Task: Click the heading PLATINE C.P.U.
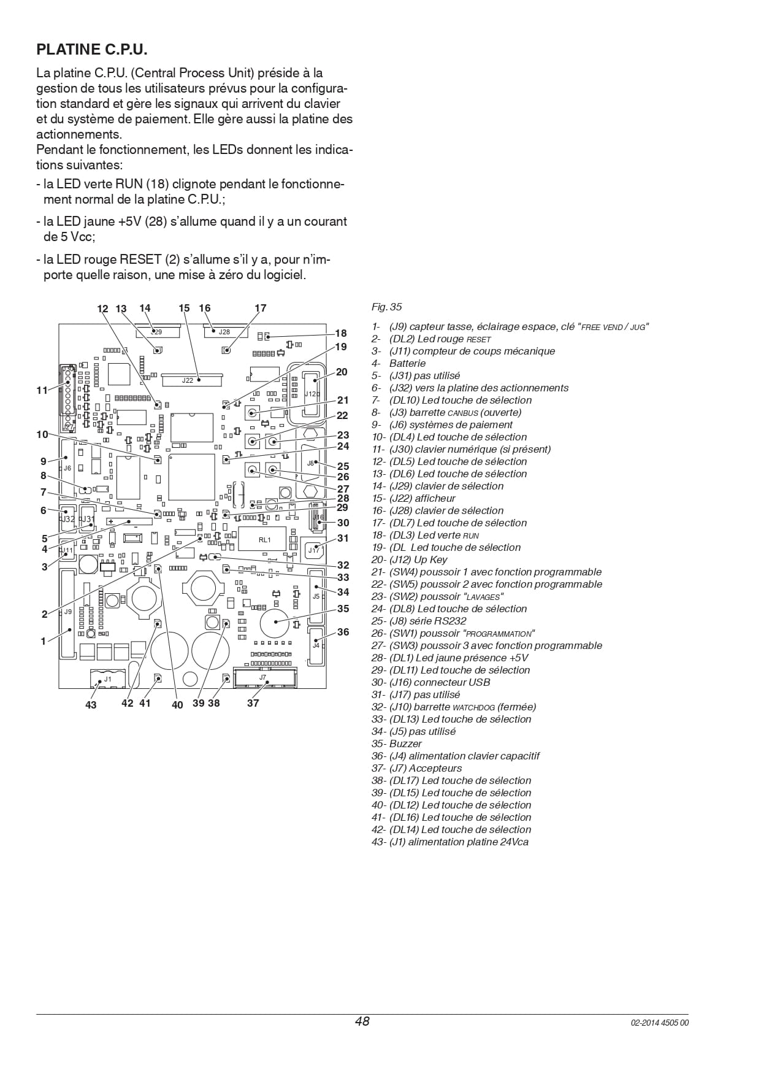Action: (92, 49)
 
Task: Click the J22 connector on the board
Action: (193, 380)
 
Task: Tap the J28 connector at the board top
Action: (224, 332)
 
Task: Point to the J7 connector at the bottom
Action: (263, 677)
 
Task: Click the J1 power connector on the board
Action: (107, 678)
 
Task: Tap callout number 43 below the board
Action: (91, 705)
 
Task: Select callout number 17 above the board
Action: (261, 309)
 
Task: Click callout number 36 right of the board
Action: (343, 632)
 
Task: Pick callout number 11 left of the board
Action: (42, 390)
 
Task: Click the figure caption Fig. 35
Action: (387, 307)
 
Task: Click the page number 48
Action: (362, 1021)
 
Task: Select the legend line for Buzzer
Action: (397, 744)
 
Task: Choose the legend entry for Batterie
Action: (399, 363)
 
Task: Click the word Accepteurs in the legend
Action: (435, 768)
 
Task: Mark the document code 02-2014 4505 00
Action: (660, 1023)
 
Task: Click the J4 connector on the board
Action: (316, 645)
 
